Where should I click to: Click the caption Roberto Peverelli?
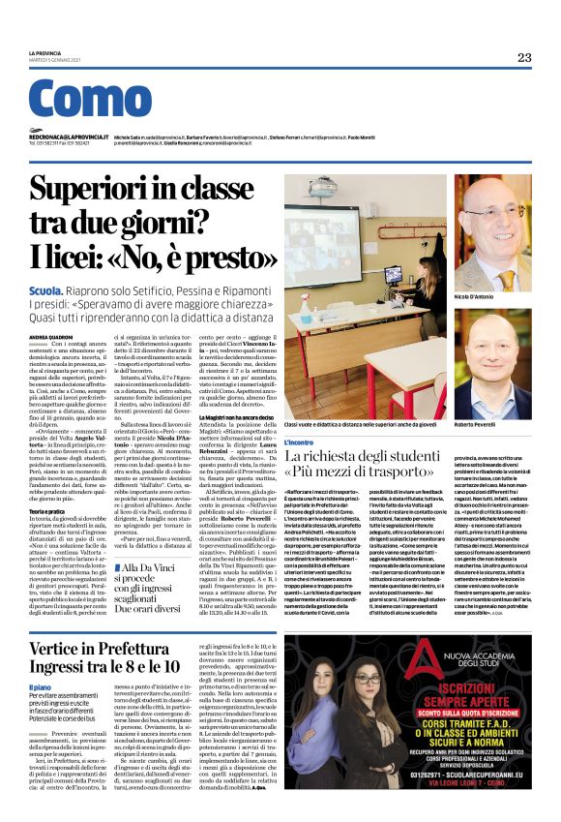pos(480,424)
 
